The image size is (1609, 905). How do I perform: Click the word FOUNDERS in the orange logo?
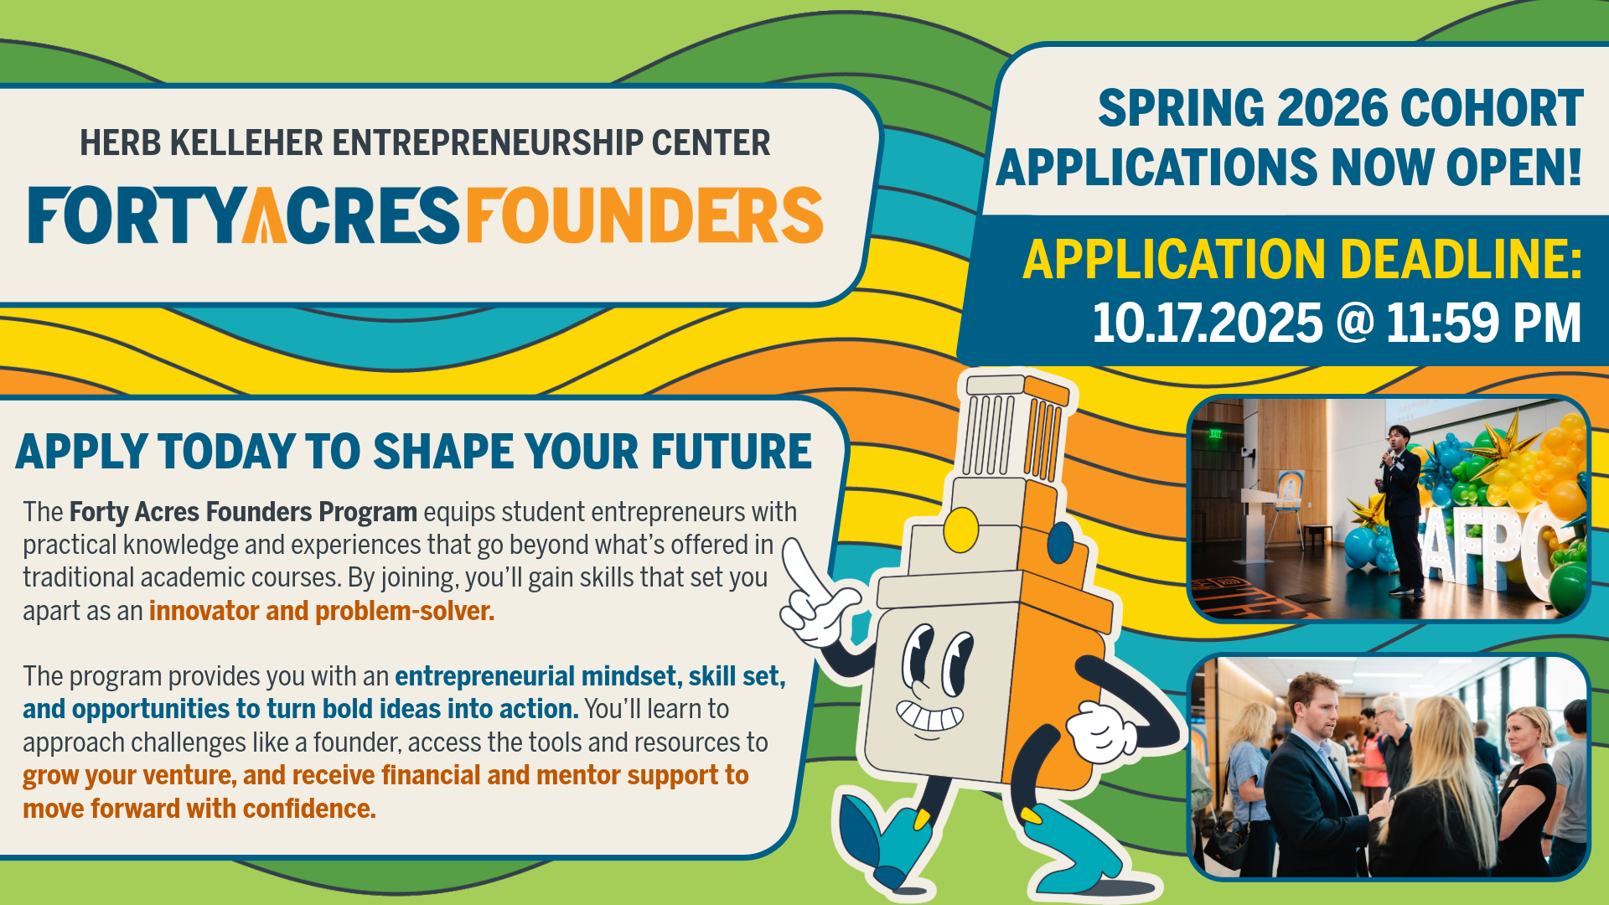[644, 215]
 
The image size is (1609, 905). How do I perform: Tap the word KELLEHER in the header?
[247, 143]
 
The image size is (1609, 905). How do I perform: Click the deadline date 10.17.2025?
[1208, 323]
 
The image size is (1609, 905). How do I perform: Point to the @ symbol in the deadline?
[1354, 323]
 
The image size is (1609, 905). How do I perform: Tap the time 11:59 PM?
[1483, 323]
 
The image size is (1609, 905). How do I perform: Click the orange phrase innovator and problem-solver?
[322, 611]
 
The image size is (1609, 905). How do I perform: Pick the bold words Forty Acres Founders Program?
[243, 512]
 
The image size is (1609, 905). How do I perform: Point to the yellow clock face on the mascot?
[960, 530]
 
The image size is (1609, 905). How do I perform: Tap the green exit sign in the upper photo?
[1214, 433]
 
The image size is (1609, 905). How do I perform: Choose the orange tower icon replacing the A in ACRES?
[264, 216]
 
